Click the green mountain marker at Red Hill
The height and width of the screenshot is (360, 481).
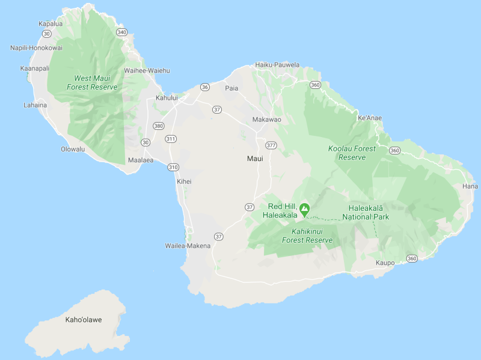point(305,209)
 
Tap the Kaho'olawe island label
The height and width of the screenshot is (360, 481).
point(83,320)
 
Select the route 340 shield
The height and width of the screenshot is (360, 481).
point(122,32)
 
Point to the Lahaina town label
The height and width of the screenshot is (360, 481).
point(35,105)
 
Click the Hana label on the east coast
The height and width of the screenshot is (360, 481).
point(470,186)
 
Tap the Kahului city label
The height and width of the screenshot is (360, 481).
point(167,97)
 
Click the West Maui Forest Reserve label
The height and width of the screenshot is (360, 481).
point(96,82)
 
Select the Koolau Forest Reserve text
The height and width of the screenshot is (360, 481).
point(352,153)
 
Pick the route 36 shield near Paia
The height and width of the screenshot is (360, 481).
point(205,87)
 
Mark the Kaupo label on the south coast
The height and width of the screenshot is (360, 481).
point(385,263)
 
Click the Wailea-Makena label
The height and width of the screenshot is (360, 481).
point(188,246)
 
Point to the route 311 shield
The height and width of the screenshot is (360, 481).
point(171,139)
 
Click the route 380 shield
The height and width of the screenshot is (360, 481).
point(158,126)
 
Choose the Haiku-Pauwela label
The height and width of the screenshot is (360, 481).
point(277,64)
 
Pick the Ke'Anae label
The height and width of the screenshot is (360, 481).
point(369,118)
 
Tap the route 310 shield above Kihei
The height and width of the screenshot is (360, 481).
point(173,166)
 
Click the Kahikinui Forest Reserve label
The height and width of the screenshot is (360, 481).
point(307,235)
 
